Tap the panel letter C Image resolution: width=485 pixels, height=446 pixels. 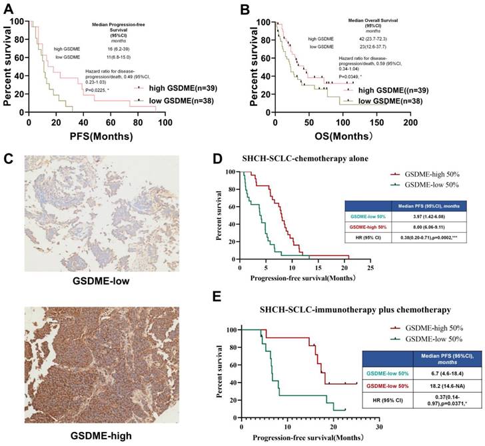point(8,159)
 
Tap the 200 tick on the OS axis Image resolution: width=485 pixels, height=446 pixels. point(411,124)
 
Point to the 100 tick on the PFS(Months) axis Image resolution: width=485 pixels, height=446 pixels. point(165,124)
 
